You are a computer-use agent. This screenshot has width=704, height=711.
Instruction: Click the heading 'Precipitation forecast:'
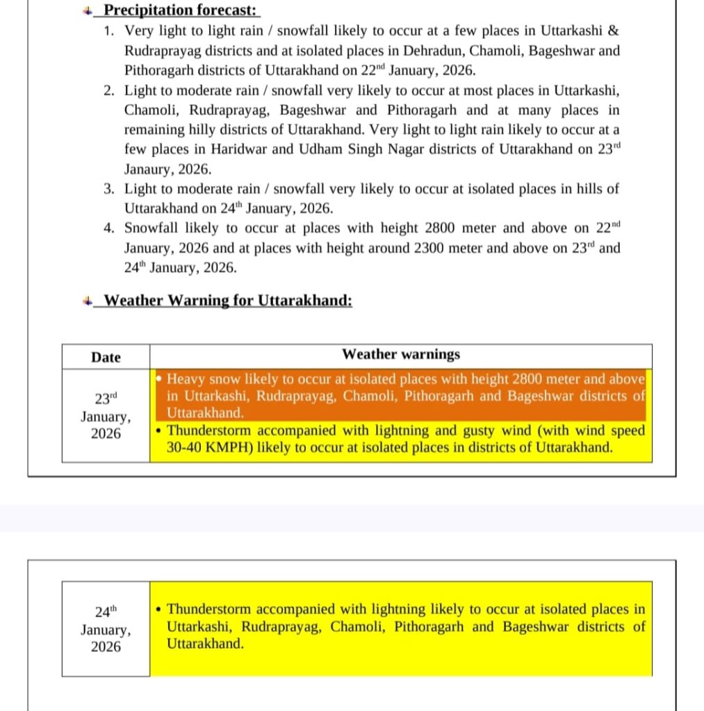180,10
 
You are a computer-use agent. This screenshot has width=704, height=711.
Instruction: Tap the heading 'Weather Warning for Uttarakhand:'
227,301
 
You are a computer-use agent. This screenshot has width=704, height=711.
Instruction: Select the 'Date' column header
106,357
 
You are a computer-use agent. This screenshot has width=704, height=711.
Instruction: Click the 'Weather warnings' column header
400,354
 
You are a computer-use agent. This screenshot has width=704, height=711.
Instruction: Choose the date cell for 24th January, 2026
106,629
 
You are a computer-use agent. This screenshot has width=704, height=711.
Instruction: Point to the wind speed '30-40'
185,448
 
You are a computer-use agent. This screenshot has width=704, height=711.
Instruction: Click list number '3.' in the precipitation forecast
109,189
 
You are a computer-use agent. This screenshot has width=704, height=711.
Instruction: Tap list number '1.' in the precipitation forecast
109,31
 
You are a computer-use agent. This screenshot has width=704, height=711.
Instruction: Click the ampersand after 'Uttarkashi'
613,31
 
